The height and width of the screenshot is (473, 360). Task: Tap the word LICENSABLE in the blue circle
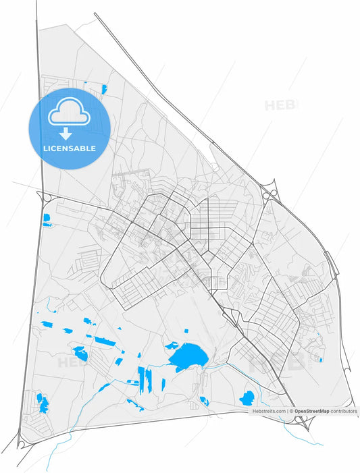tap(70, 148)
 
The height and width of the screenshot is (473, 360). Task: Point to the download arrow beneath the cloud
tap(66, 133)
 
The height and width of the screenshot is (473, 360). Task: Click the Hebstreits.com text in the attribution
tap(269, 410)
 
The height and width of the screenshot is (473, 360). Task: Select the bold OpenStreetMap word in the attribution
tap(311, 410)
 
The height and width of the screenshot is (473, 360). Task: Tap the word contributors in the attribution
tap(343, 410)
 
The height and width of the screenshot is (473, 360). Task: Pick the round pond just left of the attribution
tap(247, 398)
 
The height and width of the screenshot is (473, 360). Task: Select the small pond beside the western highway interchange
tap(47, 219)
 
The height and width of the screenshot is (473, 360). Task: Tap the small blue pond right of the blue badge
tap(105, 88)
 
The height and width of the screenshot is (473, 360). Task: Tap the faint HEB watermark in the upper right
tap(280, 105)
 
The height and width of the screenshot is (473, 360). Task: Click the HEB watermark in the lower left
tap(72, 362)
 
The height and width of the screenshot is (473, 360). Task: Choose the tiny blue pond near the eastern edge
tap(320, 359)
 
